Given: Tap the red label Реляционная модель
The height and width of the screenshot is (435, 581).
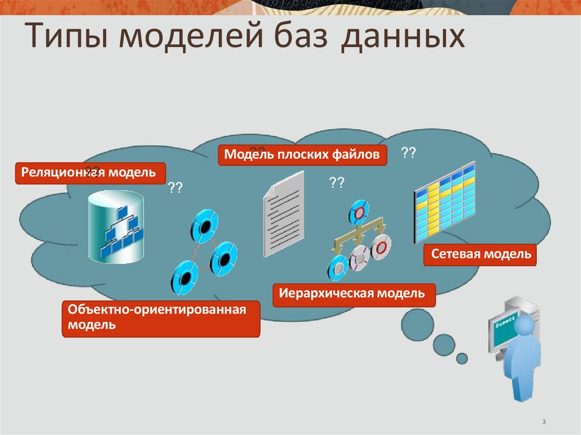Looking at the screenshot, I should (90, 172).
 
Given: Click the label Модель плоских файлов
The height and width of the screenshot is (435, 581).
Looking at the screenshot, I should (302, 155).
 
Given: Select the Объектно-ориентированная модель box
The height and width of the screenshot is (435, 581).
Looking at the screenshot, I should (160, 318).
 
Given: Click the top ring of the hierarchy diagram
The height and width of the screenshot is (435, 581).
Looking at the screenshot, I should (359, 211).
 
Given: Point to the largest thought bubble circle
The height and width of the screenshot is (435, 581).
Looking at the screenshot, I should (419, 324).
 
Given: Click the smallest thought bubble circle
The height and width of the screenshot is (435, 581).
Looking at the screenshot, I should (462, 358).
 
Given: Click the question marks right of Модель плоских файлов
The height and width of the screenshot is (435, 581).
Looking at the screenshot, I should (408, 153).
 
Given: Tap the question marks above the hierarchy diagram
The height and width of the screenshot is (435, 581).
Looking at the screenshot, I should (336, 183).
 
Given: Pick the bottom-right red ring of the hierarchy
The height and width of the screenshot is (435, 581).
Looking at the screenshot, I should (381, 246).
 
